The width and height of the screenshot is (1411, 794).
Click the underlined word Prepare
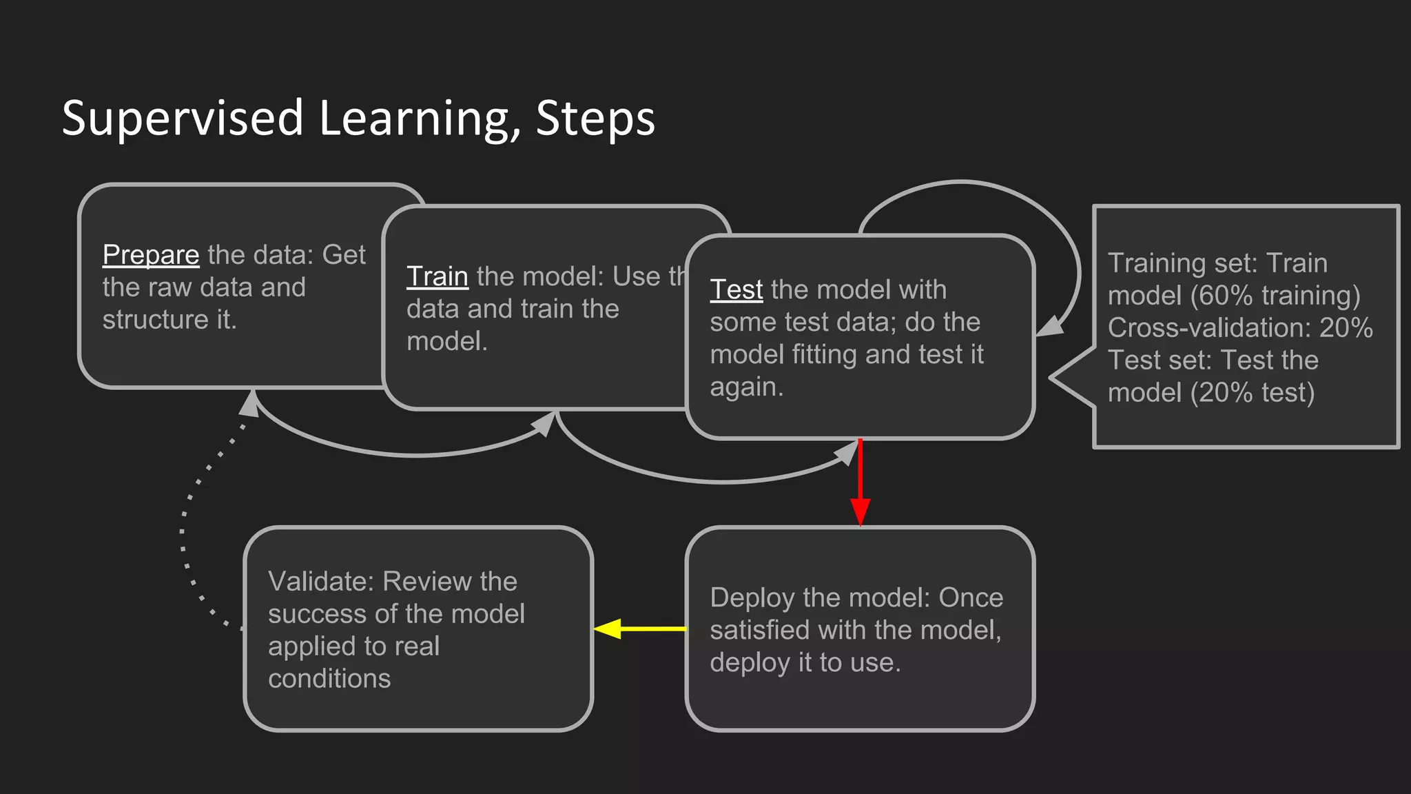point(151,255)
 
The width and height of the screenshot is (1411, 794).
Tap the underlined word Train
point(437,276)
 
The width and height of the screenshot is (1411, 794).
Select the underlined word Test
point(736,289)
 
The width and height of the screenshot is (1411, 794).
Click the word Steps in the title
point(595,119)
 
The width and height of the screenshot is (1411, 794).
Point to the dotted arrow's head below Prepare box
point(249,405)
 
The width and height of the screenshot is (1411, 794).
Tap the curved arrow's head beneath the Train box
point(544,423)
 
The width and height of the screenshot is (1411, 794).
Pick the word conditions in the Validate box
point(329,679)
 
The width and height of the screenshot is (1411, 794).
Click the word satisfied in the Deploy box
point(759,630)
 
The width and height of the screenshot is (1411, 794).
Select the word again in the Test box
point(745,387)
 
